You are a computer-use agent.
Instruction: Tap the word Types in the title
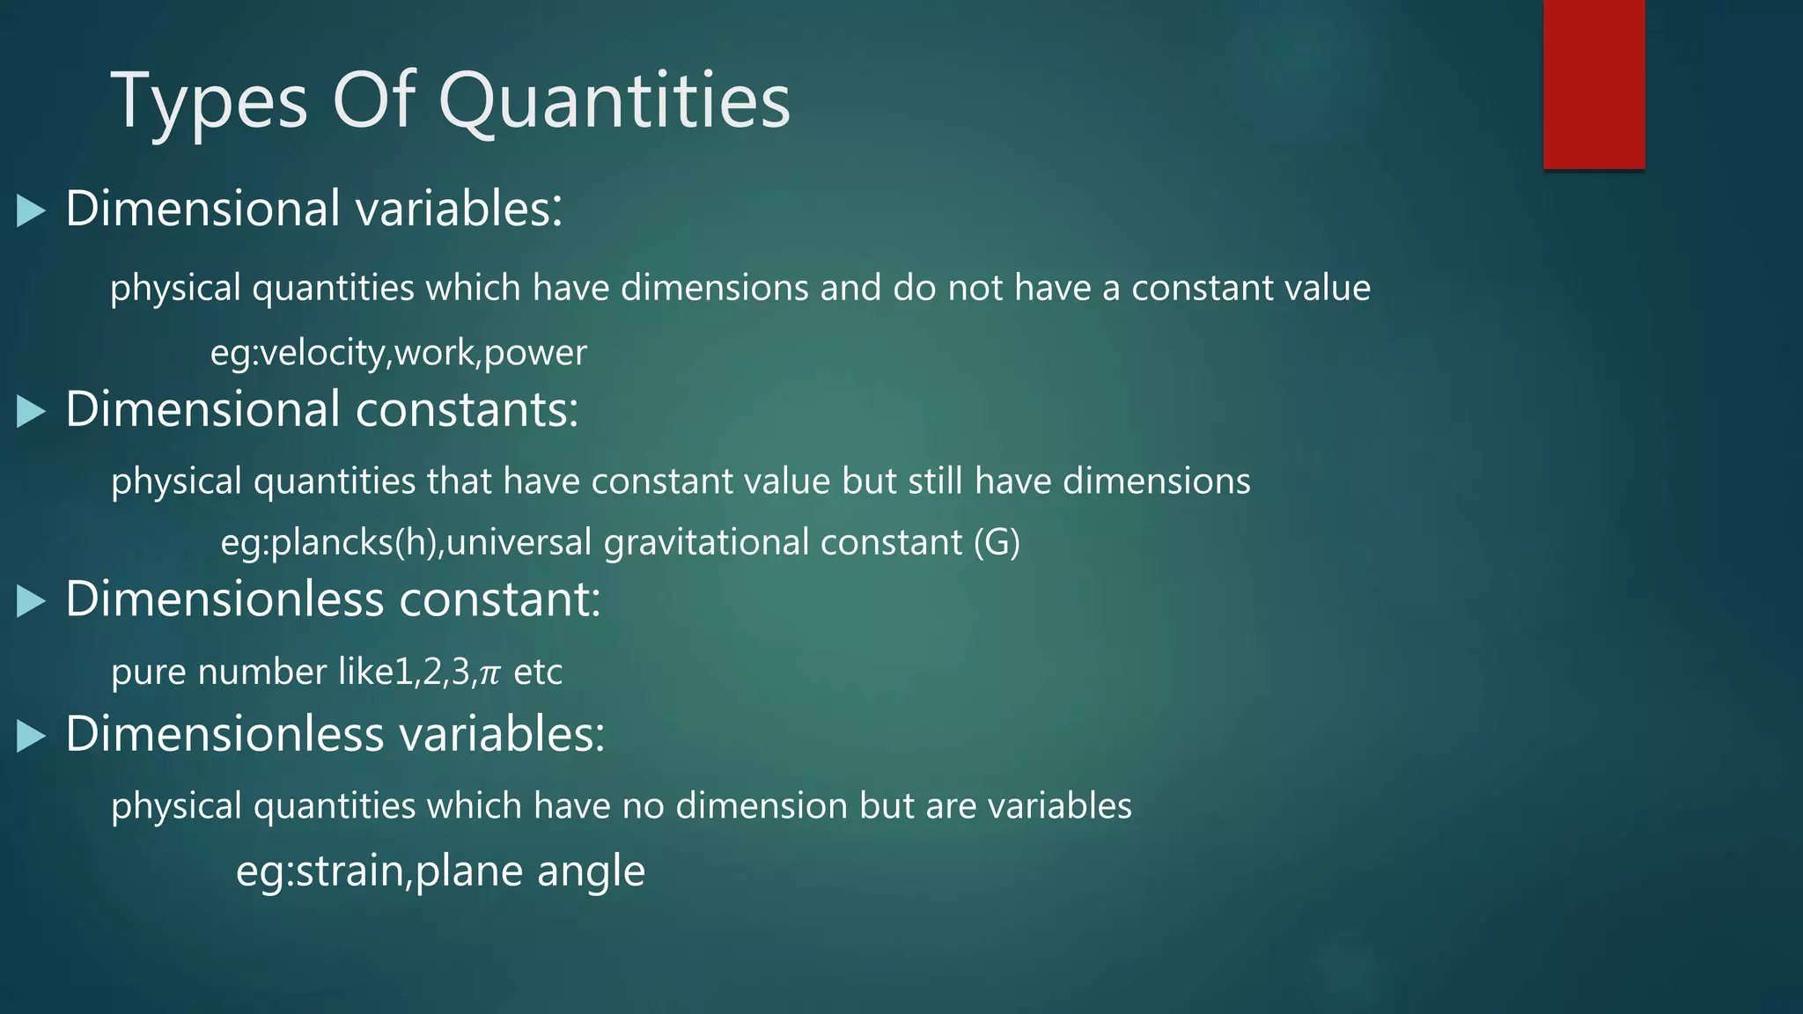pyautogui.click(x=209, y=101)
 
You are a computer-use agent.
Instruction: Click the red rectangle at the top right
pyautogui.click(x=1593, y=84)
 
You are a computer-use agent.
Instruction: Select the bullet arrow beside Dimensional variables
pyautogui.click(x=31, y=211)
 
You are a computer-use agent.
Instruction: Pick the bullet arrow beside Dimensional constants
pyautogui.click(x=31, y=411)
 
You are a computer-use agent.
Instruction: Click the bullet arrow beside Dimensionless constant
pyautogui.click(x=31, y=601)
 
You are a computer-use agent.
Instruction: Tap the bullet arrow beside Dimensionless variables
pyautogui.click(x=31, y=736)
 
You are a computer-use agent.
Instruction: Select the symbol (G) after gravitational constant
pyautogui.click(x=997, y=542)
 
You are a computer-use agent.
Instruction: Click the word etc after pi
pyautogui.click(x=538, y=672)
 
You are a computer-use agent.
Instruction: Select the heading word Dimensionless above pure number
pyautogui.click(x=224, y=600)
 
